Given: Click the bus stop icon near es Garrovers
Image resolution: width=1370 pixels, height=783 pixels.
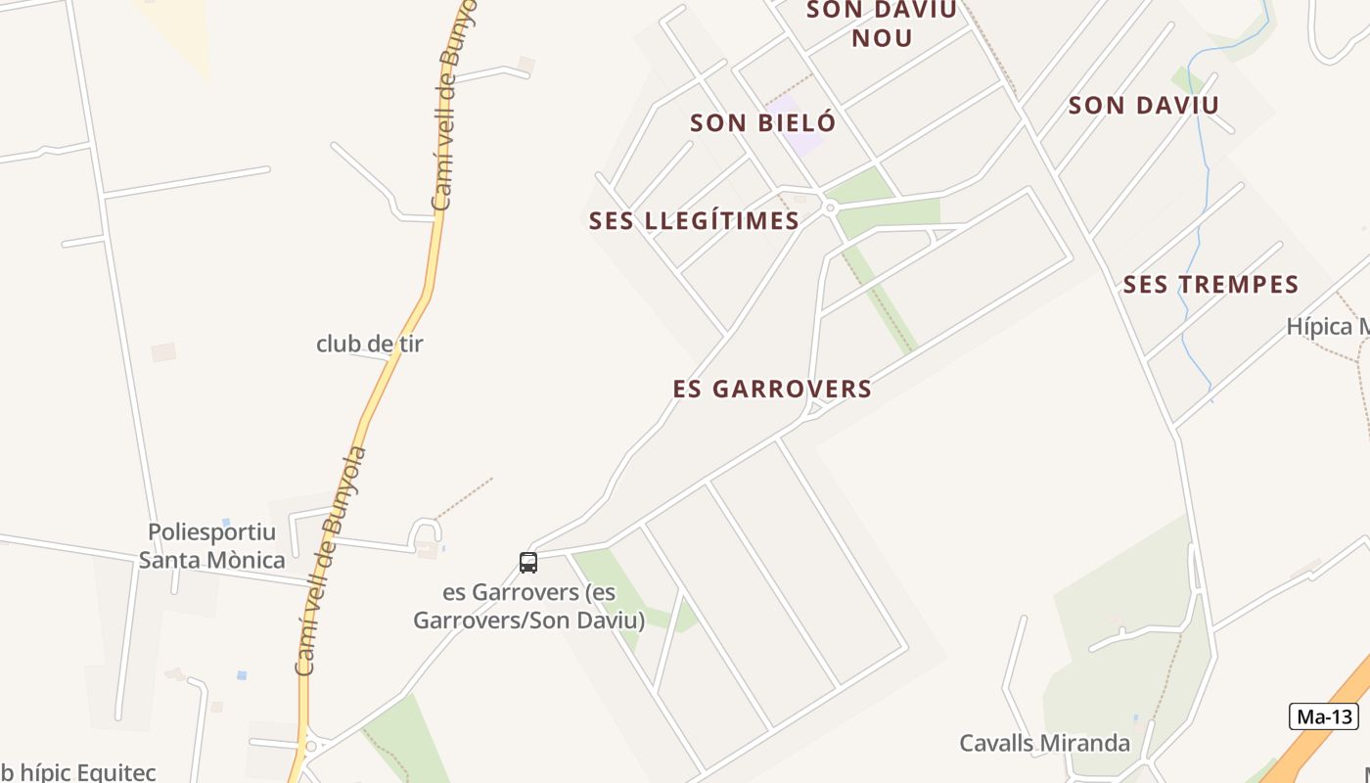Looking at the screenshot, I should [528, 563].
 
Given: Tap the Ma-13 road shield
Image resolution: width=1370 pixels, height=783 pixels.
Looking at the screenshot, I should [1324, 716].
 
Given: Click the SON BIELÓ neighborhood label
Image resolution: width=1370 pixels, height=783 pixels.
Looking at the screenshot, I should [763, 123].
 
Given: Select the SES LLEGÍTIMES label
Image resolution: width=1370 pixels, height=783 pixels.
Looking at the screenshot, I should [694, 221].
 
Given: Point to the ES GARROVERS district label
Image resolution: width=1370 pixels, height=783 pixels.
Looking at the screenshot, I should [772, 390].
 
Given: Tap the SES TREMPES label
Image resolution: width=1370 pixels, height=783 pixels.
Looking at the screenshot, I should [1210, 285].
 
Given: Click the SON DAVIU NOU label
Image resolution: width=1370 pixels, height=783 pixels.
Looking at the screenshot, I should [882, 24].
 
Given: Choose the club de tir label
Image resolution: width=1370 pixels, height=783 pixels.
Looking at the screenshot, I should [370, 345].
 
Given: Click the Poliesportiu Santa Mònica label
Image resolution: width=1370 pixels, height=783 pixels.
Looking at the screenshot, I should [211, 546].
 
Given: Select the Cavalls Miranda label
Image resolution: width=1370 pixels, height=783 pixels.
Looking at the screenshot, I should [1044, 743].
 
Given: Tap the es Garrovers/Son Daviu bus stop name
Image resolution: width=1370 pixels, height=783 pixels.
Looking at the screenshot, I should [528, 607].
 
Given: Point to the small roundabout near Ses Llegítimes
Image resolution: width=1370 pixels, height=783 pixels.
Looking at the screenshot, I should [830, 207].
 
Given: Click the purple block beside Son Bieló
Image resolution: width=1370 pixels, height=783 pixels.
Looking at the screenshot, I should [795, 125].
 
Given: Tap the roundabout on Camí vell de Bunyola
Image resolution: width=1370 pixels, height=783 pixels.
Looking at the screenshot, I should [311, 746].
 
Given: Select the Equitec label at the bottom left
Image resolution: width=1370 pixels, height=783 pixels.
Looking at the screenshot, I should [78, 772].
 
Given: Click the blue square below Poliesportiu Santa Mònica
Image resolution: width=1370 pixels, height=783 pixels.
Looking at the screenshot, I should [241, 675].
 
